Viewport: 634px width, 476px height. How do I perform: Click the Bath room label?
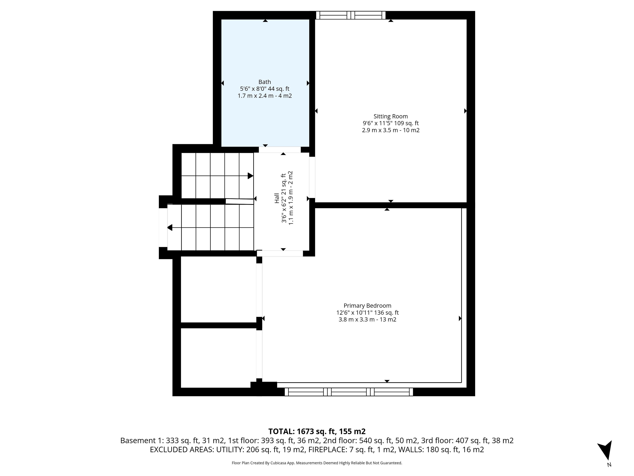[x=264, y=82]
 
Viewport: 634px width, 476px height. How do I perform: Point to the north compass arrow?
[x=606, y=451]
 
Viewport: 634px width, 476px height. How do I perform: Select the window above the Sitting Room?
[x=351, y=15]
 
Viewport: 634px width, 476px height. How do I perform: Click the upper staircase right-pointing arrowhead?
[x=250, y=176]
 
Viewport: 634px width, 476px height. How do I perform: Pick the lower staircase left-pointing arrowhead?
[x=170, y=228]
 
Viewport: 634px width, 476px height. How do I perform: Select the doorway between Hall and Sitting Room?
[x=312, y=177]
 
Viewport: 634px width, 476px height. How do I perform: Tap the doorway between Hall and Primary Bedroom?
[x=280, y=253]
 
